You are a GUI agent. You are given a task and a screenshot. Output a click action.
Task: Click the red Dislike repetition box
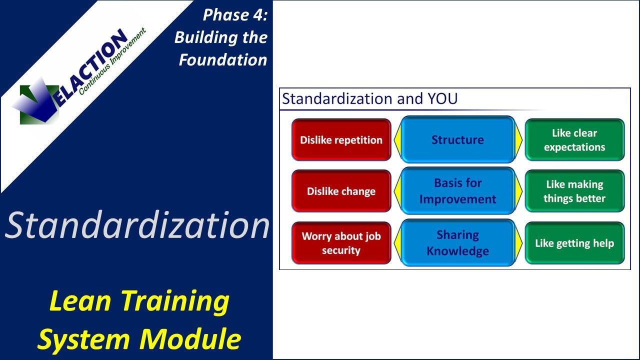point(341,140)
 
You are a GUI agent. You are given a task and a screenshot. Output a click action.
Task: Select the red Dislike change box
point(341,191)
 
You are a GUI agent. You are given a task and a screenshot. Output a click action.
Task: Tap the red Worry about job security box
point(341,243)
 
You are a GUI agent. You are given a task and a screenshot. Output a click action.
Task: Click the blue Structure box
point(457,140)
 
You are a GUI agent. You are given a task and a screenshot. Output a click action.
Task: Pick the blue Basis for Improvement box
point(457,191)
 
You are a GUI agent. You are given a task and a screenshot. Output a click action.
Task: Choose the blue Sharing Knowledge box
point(457,243)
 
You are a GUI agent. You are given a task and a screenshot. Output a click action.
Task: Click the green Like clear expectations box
point(574,140)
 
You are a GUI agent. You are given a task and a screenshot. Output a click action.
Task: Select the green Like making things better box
point(574,191)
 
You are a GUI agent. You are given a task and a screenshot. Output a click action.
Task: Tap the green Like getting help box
point(574,243)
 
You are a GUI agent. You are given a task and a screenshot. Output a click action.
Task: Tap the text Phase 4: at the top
point(235,15)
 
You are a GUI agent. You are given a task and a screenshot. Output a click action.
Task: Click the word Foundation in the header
point(223,60)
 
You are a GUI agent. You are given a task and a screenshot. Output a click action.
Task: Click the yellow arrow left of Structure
point(397,140)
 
